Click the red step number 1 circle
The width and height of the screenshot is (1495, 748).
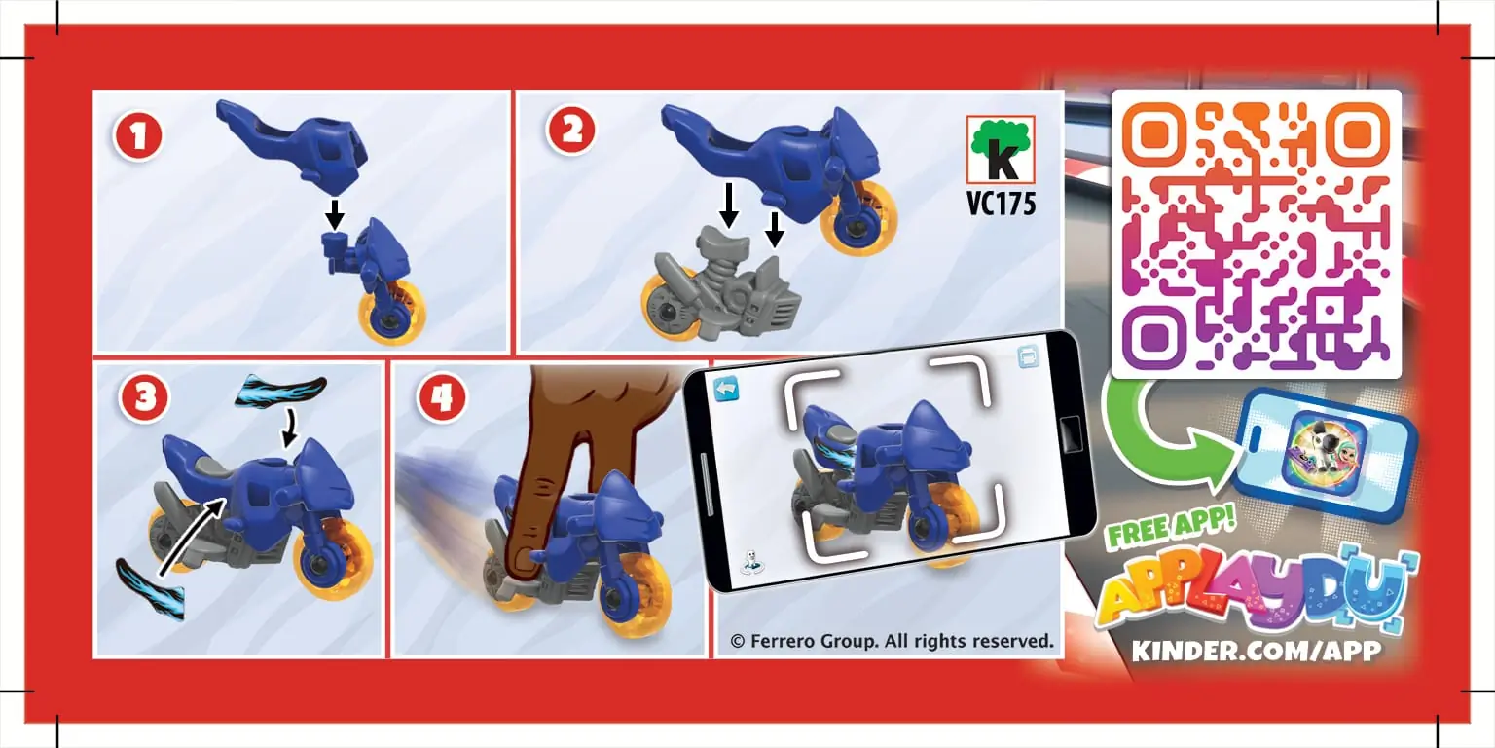[x=138, y=136]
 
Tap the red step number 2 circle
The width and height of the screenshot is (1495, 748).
[x=571, y=131]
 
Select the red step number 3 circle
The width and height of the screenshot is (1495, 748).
[x=143, y=397]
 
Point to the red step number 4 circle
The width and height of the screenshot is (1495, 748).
[x=441, y=397]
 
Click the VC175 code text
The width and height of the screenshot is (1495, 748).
[x=1002, y=203]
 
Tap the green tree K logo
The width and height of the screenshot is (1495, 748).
[x=1001, y=149]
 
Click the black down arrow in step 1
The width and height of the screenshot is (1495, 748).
[x=335, y=213]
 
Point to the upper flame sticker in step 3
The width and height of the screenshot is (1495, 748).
[x=280, y=391]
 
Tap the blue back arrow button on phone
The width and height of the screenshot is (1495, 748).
[x=726, y=389]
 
